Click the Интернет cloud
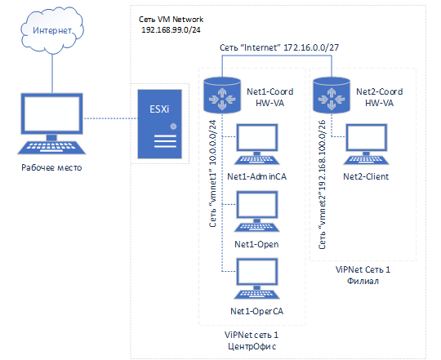52,29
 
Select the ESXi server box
160,124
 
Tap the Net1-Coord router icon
222,96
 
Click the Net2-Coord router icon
332,96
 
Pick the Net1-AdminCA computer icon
256,144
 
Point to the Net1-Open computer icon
256,211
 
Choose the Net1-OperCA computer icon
256,279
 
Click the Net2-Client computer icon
366,144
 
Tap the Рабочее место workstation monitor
52,113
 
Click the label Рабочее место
51,168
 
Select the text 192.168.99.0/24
171,29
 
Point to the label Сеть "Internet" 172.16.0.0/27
279,47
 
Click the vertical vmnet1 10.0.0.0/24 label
212,173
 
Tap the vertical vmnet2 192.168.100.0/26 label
322,184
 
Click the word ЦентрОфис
252,346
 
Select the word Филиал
363,281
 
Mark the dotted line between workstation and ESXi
110,118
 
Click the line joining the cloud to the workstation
52,73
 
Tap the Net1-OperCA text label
256,311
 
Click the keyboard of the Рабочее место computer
51,148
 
